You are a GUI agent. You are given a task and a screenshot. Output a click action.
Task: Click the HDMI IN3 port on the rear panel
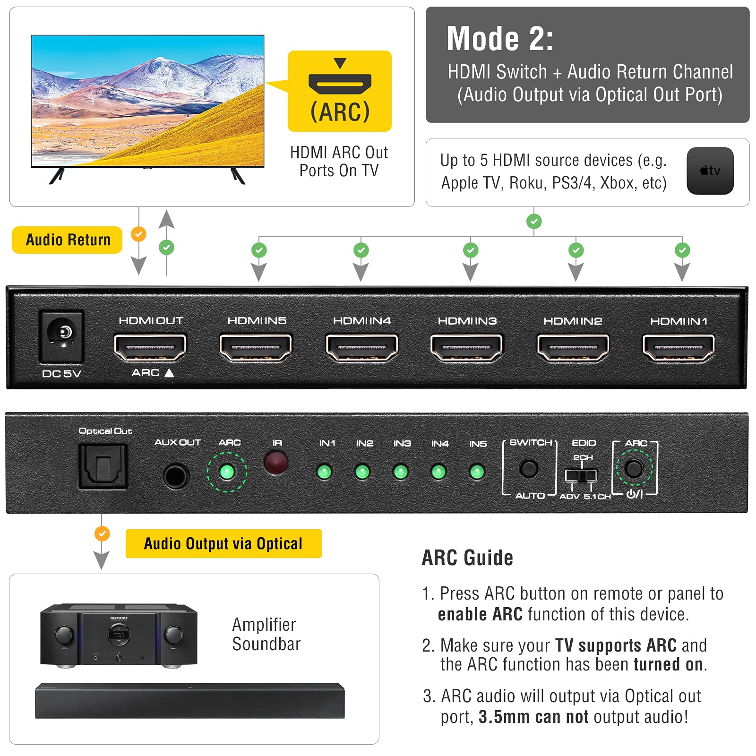(x=466, y=348)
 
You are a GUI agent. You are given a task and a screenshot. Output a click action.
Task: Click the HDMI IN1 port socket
(x=679, y=348)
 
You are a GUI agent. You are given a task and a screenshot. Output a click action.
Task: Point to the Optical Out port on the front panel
(x=103, y=466)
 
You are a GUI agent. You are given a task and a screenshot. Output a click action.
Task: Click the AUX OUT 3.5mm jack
(x=175, y=476)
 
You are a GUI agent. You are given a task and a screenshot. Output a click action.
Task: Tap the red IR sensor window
(x=276, y=462)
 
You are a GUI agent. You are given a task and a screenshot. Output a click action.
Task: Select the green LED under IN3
(x=401, y=472)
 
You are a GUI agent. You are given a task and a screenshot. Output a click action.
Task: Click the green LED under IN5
(x=477, y=472)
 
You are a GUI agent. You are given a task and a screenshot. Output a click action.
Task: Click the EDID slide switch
(x=581, y=475)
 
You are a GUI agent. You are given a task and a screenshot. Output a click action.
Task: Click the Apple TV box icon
(x=710, y=171)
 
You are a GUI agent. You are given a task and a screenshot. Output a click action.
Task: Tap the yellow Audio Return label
(x=67, y=240)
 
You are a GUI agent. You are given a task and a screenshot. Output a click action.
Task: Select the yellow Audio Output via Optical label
(x=223, y=543)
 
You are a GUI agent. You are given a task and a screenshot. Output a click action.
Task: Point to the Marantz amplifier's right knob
(x=173, y=634)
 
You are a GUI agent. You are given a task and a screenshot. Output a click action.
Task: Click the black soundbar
(x=189, y=700)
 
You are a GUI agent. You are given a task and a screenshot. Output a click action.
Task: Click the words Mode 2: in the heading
(x=499, y=39)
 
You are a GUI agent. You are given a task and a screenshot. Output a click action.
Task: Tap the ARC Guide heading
(x=467, y=558)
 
